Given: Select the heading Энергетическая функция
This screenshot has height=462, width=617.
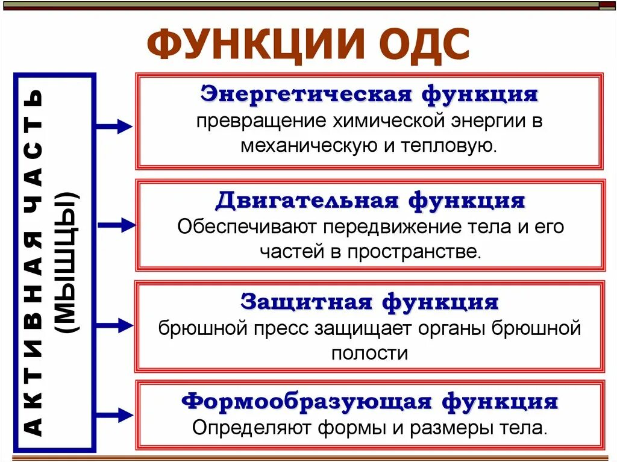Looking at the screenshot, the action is [369, 95].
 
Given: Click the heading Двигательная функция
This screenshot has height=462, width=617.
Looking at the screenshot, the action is [370, 200].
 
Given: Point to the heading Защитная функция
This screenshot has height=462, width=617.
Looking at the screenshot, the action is [369, 301].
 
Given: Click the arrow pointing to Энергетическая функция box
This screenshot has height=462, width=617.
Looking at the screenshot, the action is [114, 126].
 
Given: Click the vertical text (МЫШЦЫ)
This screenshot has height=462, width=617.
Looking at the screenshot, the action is [70, 263].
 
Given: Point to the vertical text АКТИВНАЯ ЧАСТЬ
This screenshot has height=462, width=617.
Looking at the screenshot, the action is [35, 263].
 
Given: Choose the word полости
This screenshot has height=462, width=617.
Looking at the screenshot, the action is [369, 353].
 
